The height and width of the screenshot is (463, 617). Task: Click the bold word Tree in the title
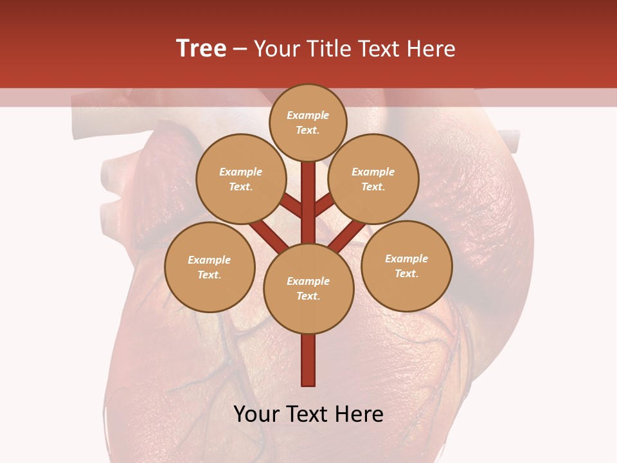pyautogui.click(x=201, y=49)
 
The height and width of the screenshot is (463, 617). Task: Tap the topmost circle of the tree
pyautogui.click(x=308, y=122)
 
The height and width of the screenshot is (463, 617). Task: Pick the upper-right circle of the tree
pyautogui.click(x=373, y=179)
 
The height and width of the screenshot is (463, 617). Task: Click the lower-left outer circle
pyautogui.click(x=210, y=267)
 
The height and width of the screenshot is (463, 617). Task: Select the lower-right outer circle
pyautogui.click(x=406, y=266)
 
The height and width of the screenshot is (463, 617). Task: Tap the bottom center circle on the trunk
pyautogui.click(x=308, y=289)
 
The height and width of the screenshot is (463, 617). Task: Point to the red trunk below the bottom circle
pyautogui.click(x=308, y=360)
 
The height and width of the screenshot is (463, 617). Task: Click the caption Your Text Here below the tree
pyautogui.click(x=308, y=414)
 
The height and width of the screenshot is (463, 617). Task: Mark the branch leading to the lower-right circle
pyautogui.click(x=348, y=235)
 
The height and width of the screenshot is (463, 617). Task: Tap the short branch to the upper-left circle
pyautogui.click(x=291, y=206)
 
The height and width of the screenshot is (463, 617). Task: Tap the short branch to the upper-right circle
pyautogui.click(x=325, y=204)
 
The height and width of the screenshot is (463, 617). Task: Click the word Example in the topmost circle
pyautogui.click(x=308, y=115)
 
